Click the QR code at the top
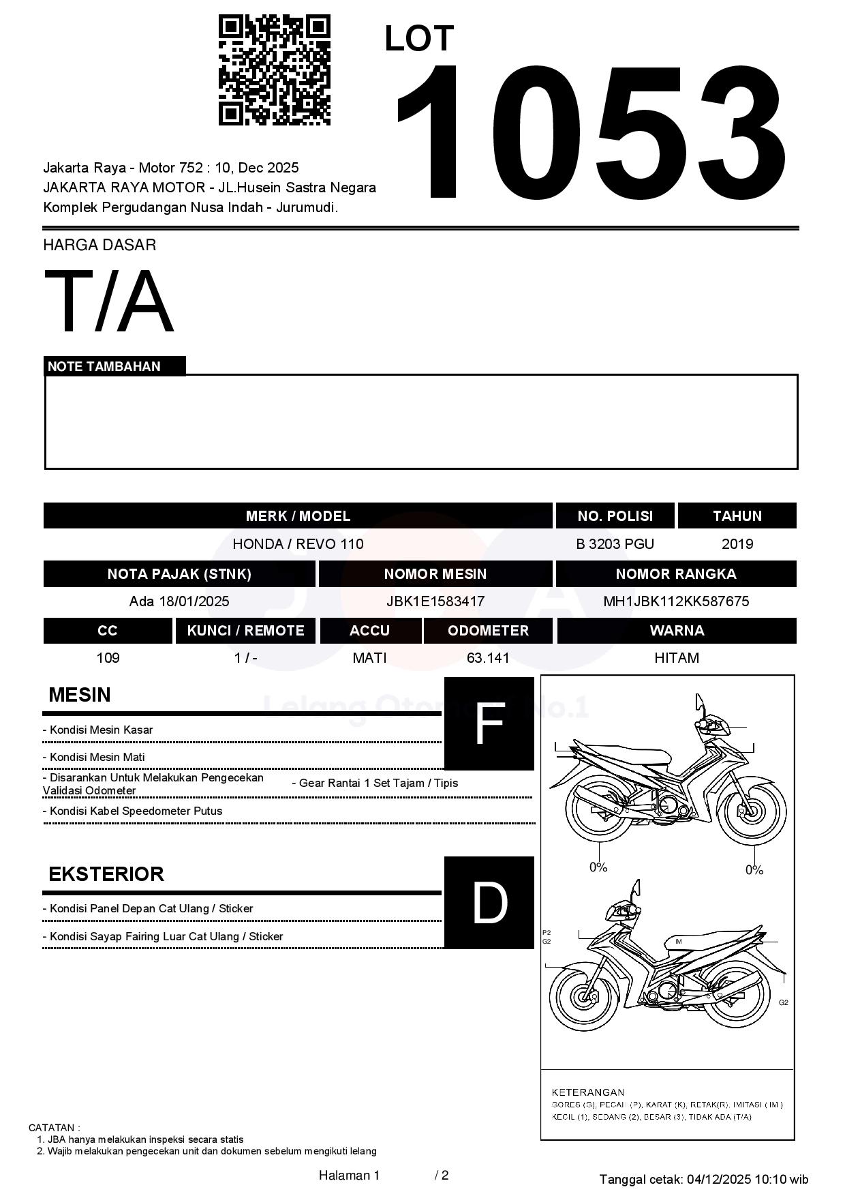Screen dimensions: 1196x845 274,70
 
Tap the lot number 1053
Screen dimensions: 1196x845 590,132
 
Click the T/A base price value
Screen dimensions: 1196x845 109,302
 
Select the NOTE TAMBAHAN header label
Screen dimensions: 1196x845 104,366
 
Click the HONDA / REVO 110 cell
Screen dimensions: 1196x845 298,544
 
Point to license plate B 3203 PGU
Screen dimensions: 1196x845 615,544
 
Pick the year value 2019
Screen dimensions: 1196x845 737,544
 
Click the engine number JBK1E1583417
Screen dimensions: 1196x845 435,601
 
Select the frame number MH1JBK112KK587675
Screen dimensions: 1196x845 676,601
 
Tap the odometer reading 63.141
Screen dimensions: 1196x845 488,658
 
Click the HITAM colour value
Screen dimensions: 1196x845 676,658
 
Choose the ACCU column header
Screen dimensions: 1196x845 369,631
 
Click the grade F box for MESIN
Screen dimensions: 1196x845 489,723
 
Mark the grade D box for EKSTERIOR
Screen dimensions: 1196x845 489,902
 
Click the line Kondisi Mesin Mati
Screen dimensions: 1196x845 94,757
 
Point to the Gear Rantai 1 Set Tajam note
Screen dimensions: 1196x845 375,783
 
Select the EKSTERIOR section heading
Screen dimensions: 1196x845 106,874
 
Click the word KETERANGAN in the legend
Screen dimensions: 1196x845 587,1092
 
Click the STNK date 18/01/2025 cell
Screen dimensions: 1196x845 179,601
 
